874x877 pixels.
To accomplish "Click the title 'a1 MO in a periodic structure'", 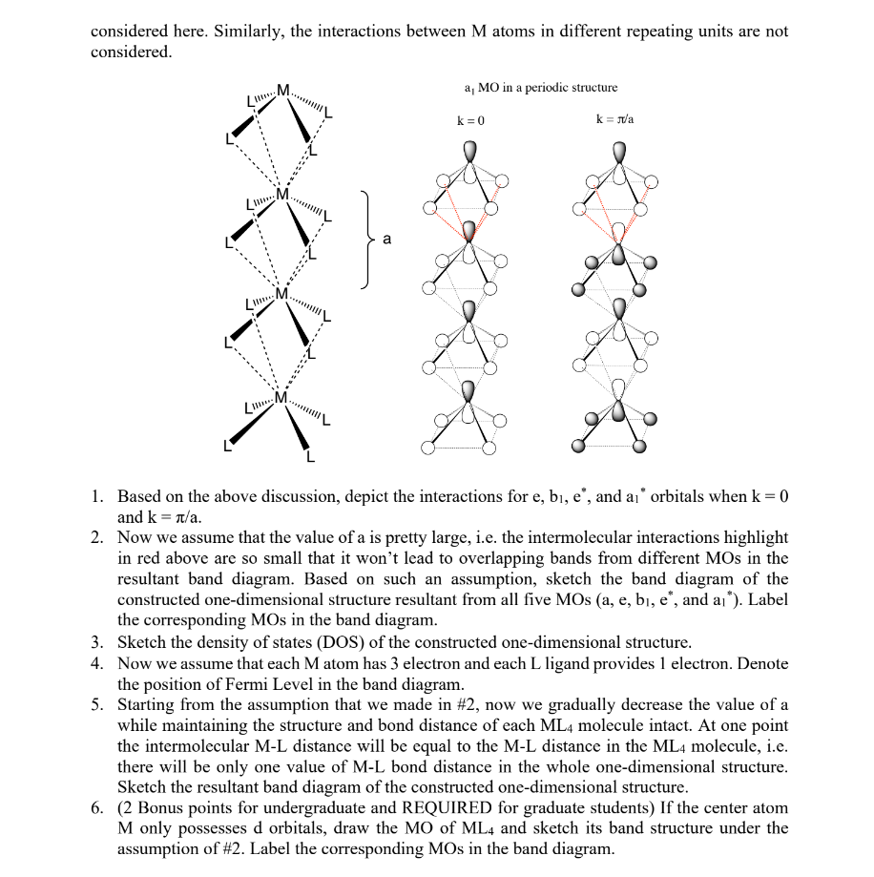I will pos(540,88).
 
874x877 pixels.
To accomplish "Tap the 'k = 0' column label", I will pos(470,121).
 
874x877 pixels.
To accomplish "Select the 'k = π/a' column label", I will pos(614,121).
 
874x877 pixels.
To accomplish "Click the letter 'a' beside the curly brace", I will pos(385,239).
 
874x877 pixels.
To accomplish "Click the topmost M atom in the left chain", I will pos(282,93).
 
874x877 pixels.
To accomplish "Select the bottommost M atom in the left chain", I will pos(281,397).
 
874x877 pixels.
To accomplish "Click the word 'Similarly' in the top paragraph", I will pos(248,31).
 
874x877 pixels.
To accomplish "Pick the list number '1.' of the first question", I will pos(98,497).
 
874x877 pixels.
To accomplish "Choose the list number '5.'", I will pos(98,705).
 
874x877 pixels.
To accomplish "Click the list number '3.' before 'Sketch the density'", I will pos(98,642).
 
